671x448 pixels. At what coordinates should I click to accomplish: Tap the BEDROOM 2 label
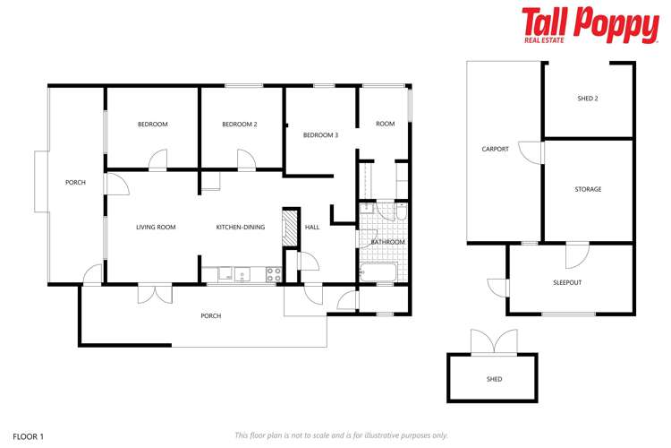240,125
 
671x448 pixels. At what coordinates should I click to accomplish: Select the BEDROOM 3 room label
320,135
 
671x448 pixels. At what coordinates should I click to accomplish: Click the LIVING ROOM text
156,228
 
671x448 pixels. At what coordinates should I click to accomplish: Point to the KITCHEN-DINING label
241,228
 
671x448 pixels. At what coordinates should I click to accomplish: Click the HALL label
312,228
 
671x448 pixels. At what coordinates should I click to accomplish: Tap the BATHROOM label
387,242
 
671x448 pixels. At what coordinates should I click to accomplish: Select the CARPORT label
495,150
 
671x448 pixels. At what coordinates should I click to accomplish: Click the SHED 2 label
589,99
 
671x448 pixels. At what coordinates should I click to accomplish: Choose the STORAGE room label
588,189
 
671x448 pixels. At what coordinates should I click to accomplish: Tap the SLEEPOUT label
566,282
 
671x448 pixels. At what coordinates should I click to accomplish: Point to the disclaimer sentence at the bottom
341,435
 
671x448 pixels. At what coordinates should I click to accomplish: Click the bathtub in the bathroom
378,272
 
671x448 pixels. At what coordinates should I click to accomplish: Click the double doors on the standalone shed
493,341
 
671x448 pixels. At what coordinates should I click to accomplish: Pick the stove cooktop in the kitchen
275,274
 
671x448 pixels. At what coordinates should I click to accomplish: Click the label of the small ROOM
385,125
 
